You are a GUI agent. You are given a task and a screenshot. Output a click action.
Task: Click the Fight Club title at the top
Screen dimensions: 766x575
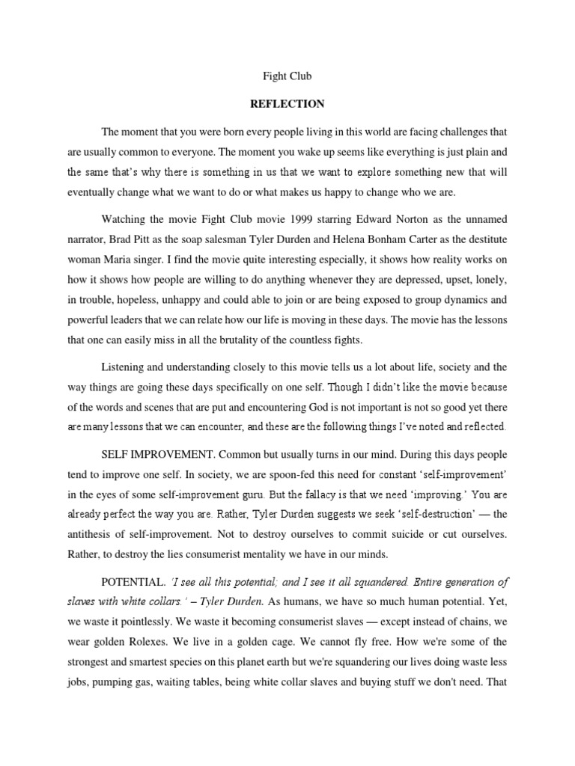click(x=287, y=76)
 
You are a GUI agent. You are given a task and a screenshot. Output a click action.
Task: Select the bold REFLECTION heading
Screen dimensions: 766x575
click(x=287, y=104)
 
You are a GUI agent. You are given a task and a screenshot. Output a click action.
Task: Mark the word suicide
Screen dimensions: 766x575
click(x=399, y=534)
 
